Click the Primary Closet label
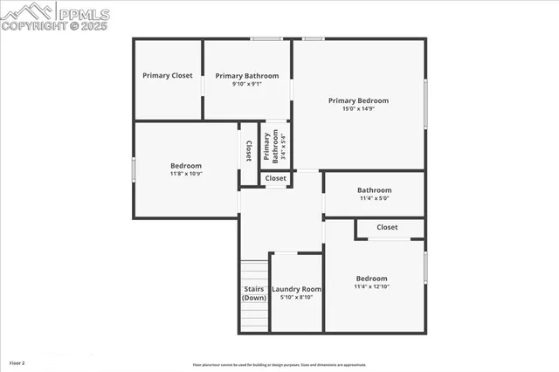click(168, 76)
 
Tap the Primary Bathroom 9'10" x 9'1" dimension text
click(247, 85)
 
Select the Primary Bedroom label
click(358, 100)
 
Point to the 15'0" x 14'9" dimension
click(358, 109)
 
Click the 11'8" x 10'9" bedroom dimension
click(185, 174)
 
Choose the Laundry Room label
click(296, 289)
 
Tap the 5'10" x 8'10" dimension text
click(296, 298)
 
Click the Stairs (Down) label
click(254, 293)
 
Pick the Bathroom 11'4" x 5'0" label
click(374, 190)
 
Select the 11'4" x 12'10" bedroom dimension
click(371, 286)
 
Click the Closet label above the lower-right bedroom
click(387, 227)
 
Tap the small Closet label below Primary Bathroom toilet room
click(275, 178)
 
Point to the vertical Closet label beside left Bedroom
click(249, 150)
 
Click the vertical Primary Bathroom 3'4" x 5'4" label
click(275, 146)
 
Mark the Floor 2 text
click(17, 362)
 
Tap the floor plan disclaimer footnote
click(279, 365)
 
